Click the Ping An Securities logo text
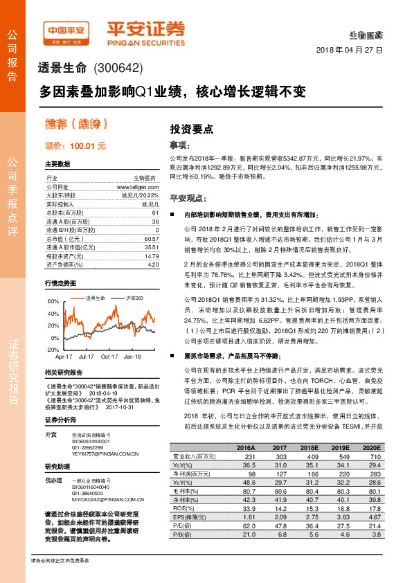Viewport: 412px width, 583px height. [x=145, y=30]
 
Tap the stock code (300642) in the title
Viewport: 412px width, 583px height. [x=117, y=69]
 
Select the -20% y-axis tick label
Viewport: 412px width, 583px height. [x=53, y=350]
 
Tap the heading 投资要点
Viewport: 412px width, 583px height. [x=192, y=128]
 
